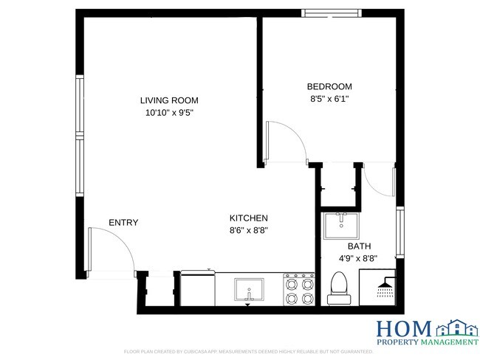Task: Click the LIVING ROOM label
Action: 169,100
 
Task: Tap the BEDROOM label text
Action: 329,86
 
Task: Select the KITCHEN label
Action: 248,218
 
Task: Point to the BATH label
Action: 359,246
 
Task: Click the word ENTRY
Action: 123,223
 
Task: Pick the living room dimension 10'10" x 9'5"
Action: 169,113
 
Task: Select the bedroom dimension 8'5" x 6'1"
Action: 329,98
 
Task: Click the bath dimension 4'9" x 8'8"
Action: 359,258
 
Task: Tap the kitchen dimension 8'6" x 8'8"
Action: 248,230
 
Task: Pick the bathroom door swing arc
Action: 379,181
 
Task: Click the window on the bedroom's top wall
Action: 331,13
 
